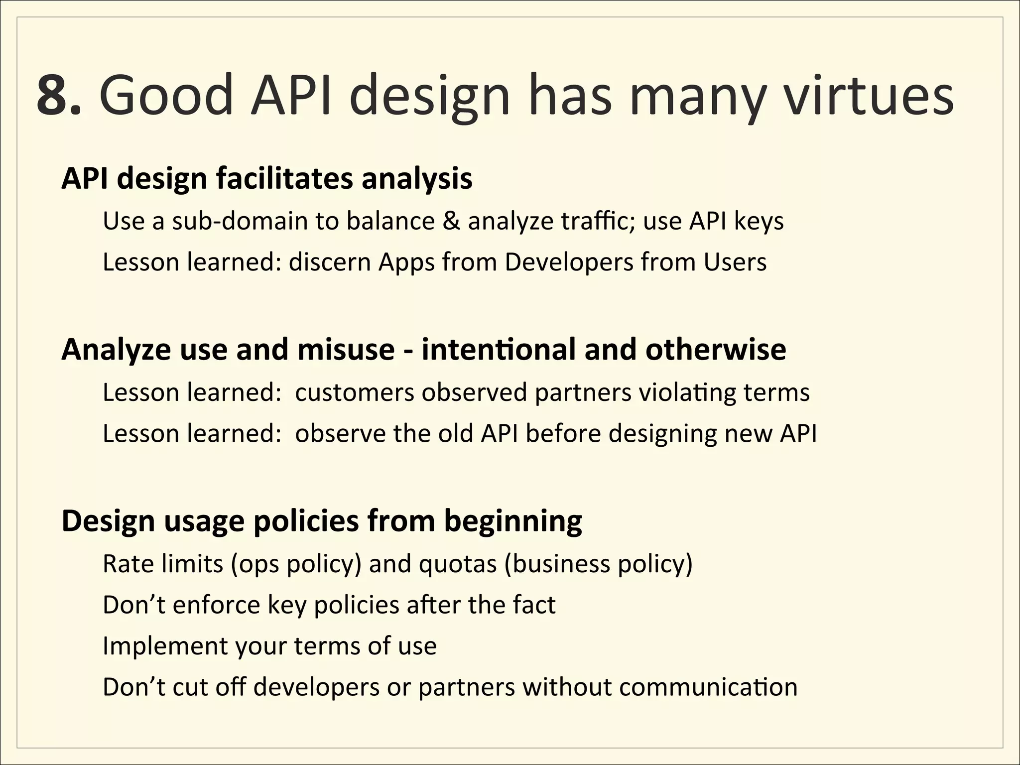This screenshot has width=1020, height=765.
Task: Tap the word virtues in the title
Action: coord(868,95)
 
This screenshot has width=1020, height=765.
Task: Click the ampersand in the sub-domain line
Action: coord(451,221)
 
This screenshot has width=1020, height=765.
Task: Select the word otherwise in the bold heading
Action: coord(716,350)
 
